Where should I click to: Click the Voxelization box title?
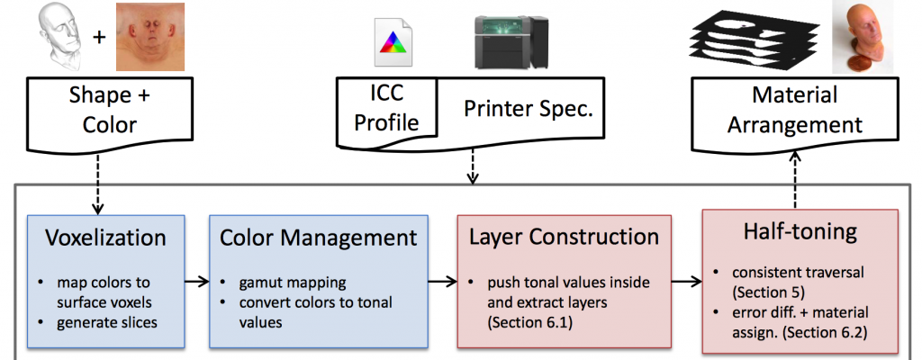pyautogui.click(x=106, y=238)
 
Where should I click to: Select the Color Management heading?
pyautogui.click(x=318, y=238)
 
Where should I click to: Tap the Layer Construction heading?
pyautogui.click(x=564, y=237)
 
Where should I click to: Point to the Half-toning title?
pyautogui.click(x=800, y=232)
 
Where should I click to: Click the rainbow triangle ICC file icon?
pyautogui.click(x=393, y=43)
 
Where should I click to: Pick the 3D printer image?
pyautogui.click(x=511, y=41)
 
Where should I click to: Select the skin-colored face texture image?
pyautogui.click(x=150, y=37)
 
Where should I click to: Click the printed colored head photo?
pyautogui.click(x=863, y=37)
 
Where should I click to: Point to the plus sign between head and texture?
pyautogui.click(x=100, y=38)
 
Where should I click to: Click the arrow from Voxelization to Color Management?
pyautogui.click(x=197, y=282)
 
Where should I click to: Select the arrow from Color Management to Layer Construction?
pyautogui.click(x=443, y=282)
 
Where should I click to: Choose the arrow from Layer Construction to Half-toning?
pyautogui.click(x=687, y=282)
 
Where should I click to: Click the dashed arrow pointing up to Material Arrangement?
pyautogui.click(x=795, y=179)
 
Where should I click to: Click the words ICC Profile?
pyautogui.click(x=386, y=108)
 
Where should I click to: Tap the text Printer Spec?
pyautogui.click(x=529, y=108)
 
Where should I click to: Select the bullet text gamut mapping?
pyautogui.click(x=293, y=283)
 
